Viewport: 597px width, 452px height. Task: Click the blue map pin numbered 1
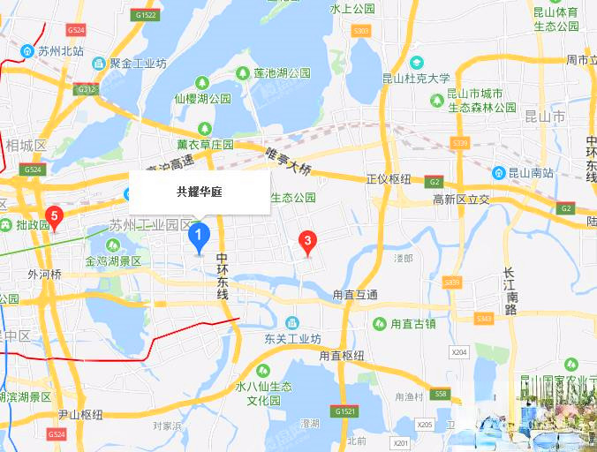click(x=199, y=236)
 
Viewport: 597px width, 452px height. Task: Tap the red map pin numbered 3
click(x=306, y=240)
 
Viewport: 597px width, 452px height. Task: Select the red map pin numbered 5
click(x=54, y=216)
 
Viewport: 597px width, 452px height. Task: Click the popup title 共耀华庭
click(x=199, y=191)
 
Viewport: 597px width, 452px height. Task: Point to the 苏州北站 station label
click(x=60, y=51)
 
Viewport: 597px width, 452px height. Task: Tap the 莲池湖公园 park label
click(x=281, y=72)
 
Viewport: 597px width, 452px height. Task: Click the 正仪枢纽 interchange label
click(x=389, y=179)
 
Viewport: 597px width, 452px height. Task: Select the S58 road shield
click(x=442, y=394)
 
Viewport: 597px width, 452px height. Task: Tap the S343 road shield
click(x=483, y=319)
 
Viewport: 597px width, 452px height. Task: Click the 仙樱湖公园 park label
click(x=201, y=99)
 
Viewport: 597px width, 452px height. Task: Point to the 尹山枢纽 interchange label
click(x=80, y=414)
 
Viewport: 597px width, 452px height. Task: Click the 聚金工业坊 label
click(x=137, y=64)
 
